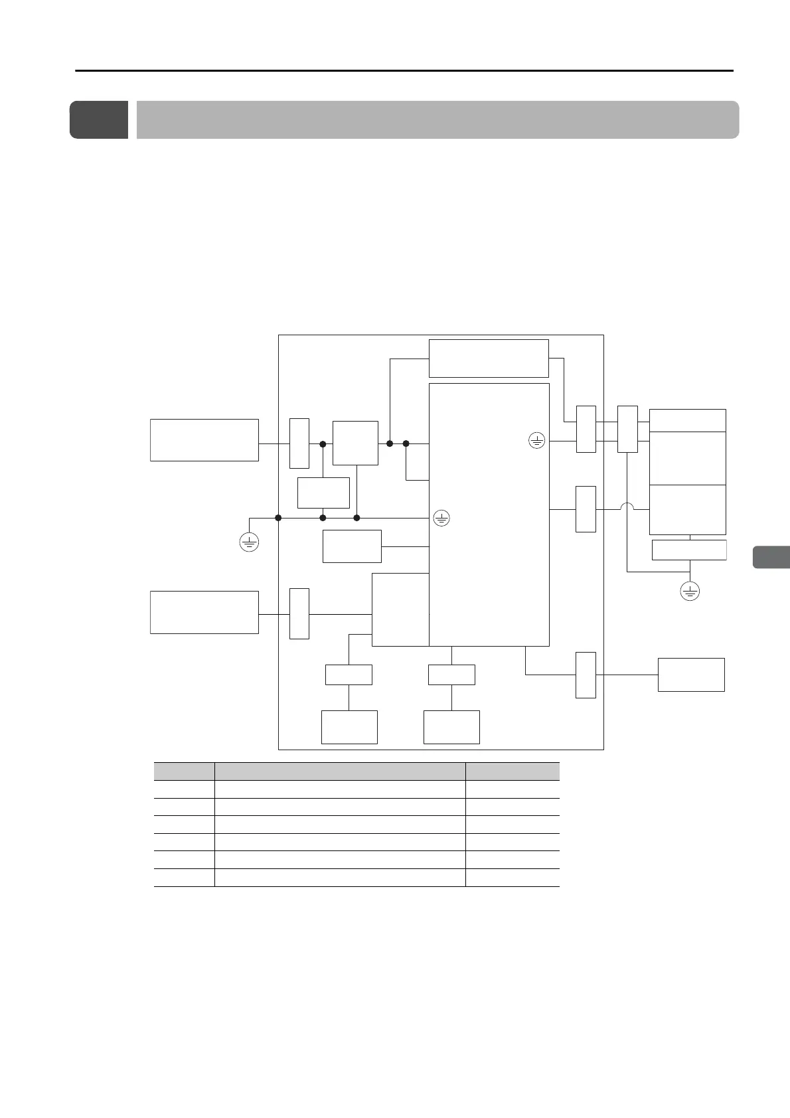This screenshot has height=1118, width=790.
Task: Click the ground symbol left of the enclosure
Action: click(x=248, y=542)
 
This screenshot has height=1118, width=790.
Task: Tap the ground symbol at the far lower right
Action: click(x=690, y=591)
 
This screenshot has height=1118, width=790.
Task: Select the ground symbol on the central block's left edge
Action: click(x=441, y=518)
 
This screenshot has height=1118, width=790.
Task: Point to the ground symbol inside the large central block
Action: click(x=536, y=439)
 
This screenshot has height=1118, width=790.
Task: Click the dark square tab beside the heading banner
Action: click(x=99, y=120)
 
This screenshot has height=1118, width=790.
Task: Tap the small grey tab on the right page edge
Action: click(x=771, y=557)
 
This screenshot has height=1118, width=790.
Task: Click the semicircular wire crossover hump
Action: click(x=627, y=509)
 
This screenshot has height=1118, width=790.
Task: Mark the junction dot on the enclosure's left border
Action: click(x=279, y=517)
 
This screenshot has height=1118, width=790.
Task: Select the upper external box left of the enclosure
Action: click(x=204, y=439)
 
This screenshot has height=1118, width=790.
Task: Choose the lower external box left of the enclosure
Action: click(x=204, y=612)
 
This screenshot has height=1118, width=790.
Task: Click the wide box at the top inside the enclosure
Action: click(x=489, y=359)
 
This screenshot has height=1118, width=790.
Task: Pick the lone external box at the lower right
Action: click(x=690, y=675)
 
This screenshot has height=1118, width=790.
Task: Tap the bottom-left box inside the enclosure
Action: click(x=349, y=727)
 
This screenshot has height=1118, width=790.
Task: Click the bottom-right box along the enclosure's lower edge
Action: click(x=451, y=727)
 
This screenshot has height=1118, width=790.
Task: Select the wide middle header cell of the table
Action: click(x=340, y=771)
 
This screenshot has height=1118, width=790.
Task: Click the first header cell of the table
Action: click(x=184, y=771)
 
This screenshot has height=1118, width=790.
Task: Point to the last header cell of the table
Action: click(x=513, y=771)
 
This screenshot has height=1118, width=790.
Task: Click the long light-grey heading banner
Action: click(x=437, y=120)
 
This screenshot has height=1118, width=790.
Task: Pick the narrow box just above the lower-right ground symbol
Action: click(x=689, y=550)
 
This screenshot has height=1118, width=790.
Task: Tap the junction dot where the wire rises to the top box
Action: click(x=390, y=443)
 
